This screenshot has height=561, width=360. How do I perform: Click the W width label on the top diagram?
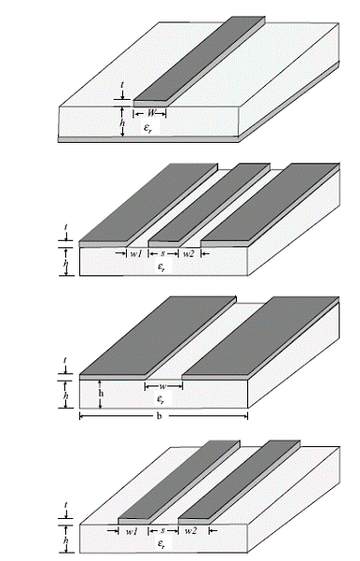click(x=152, y=114)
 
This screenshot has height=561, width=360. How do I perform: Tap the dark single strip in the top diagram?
click(x=200, y=59)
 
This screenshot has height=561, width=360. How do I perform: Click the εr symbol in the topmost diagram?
click(x=147, y=128)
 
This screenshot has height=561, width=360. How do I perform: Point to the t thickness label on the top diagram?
click(x=122, y=85)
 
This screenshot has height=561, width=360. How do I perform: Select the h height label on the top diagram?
click(x=122, y=122)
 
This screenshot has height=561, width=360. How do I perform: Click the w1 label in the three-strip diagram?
click(x=136, y=254)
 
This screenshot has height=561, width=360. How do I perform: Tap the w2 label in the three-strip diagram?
click(x=188, y=254)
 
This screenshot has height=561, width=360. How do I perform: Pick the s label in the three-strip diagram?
click(x=163, y=253)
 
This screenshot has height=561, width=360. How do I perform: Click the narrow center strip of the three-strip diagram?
click(x=209, y=203)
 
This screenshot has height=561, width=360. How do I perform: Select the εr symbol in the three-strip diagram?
click(x=161, y=267)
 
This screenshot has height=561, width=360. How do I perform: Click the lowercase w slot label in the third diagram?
click(x=162, y=386)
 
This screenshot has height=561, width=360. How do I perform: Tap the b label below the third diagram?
click(x=159, y=415)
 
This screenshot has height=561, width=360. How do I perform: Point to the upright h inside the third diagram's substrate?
click(x=101, y=393)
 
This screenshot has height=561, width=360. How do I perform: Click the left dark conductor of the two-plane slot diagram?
click(x=158, y=336)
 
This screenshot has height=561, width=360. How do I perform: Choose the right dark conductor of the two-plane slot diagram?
click(x=260, y=336)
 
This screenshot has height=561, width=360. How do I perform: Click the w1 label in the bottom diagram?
click(x=132, y=531)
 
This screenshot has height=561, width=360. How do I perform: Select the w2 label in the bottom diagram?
click(x=190, y=530)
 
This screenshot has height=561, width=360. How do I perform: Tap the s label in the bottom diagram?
click(x=163, y=530)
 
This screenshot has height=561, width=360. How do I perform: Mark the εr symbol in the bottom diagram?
click(x=161, y=544)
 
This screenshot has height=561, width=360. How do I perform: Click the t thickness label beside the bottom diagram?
click(x=66, y=505)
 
